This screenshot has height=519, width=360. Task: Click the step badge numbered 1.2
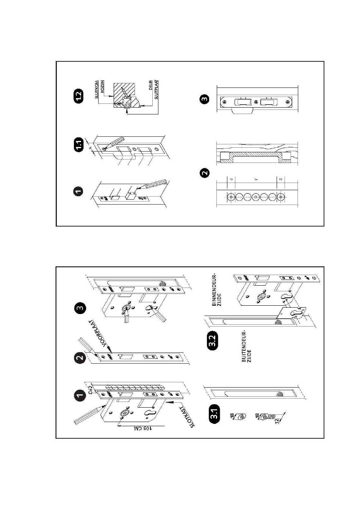[x=78, y=96]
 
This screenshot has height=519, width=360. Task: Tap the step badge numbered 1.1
[x=78, y=145]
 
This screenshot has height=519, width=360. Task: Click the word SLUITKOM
[x=97, y=89]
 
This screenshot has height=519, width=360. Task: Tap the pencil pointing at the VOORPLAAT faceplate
[x=86, y=345]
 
